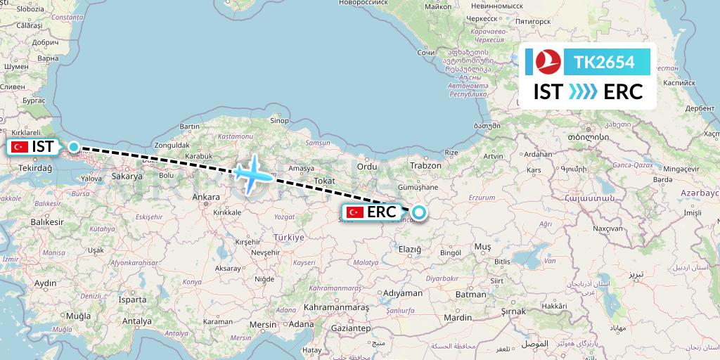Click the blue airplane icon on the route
pos(250,173)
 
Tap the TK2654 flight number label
pos(605,62)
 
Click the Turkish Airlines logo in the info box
pos(546,62)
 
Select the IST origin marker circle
pos(73,147)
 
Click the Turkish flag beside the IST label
pos(18,147)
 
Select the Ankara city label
pos(205,178)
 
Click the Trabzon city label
pos(426,166)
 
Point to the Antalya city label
pos(136,321)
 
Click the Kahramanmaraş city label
pos(336,308)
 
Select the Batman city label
pos(471,295)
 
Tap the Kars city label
pos(535,170)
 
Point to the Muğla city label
pos(79,316)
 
